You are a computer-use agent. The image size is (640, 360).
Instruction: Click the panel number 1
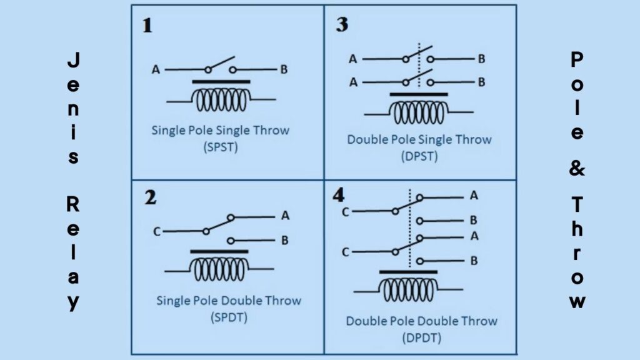coord(147,25)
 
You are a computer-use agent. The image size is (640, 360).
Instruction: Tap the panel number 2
coord(150,197)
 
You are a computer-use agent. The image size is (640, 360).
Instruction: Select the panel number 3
coord(342,24)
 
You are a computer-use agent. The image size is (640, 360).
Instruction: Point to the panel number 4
coord(338,195)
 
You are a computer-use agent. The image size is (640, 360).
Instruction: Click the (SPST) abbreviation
coord(221,147)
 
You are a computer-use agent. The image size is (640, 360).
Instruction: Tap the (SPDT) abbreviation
coord(229,317)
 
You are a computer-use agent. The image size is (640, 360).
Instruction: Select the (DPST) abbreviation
coord(419,156)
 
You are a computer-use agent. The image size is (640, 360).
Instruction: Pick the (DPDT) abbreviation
coord(421,338)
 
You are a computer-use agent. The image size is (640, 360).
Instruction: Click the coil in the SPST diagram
coord(221,100)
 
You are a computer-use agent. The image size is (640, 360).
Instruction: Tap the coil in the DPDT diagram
coord(408,290)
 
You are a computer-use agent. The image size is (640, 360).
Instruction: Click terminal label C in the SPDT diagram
coord(157,232)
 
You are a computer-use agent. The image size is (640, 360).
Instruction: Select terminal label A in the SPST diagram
coord(156,70)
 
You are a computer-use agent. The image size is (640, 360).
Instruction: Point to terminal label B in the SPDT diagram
coord(285,241)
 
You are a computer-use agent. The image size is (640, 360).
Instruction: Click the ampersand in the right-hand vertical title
coord(577,168)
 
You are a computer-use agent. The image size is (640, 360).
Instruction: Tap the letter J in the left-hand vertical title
coord(74,59)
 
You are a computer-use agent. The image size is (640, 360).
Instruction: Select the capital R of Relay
coord(72,204)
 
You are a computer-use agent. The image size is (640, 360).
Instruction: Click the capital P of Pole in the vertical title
coord(577,59)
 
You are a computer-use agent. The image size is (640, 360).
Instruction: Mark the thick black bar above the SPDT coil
coord(219,252)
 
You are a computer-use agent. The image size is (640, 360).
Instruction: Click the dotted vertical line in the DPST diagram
coord(419,64)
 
